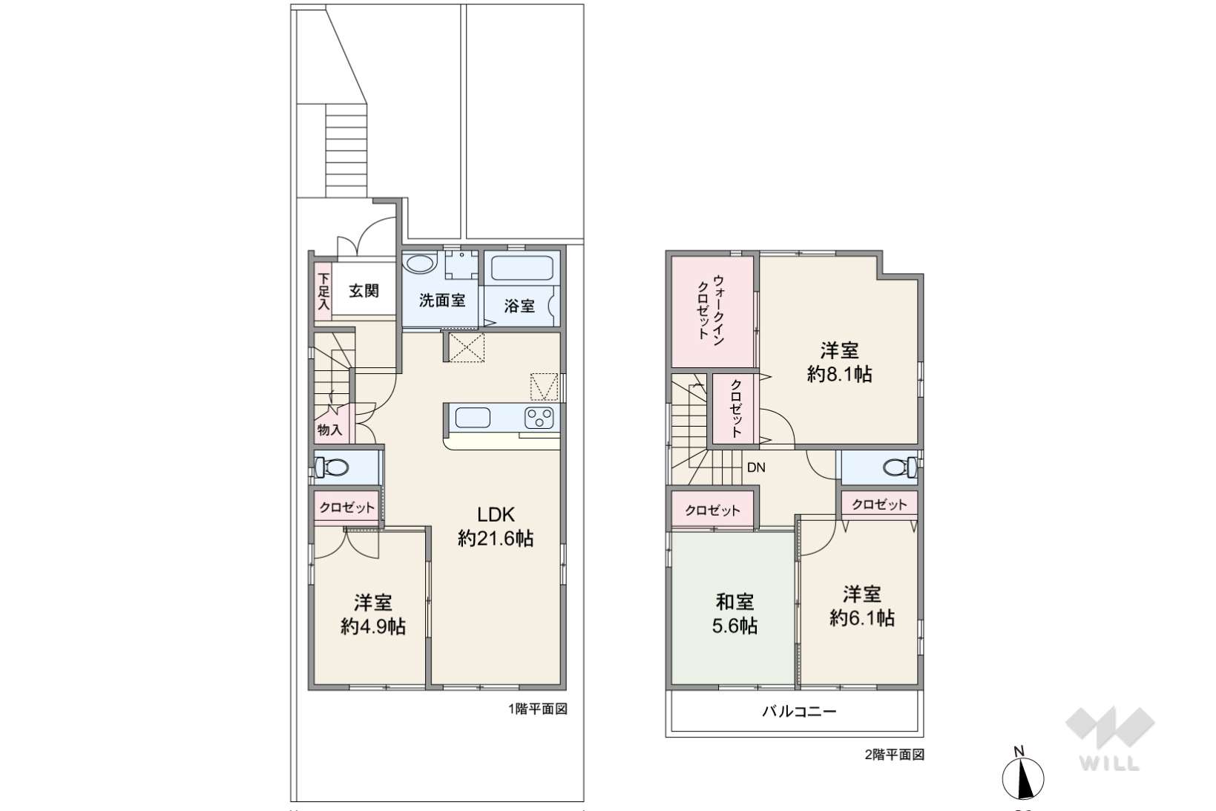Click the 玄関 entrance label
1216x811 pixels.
click(364, 291)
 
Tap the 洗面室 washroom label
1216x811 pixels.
click(442, 301)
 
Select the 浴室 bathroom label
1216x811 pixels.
click(519, 306)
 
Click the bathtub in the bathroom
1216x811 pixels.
click(522, 268)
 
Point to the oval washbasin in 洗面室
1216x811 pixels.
click(421, 264)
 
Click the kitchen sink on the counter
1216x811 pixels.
click(473, 418)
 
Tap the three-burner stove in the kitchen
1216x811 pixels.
click(539, 418)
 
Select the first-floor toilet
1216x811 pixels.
click(332, 467)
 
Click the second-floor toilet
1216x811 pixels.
click(899, 467)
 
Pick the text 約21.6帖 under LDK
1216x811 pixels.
click(496, 539)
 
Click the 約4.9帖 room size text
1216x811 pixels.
click(373, 627)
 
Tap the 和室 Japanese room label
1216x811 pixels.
click(734, 602)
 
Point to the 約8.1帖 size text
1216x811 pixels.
click(839, 374)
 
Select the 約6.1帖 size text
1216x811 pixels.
click(862, 618)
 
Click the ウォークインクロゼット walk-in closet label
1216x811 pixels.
click(711, 310)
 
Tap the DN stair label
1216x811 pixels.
click(756, 467)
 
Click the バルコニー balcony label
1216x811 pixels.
click(799, 711)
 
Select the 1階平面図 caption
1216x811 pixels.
click(538, 709)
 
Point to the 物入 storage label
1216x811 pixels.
click(329, 430)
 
